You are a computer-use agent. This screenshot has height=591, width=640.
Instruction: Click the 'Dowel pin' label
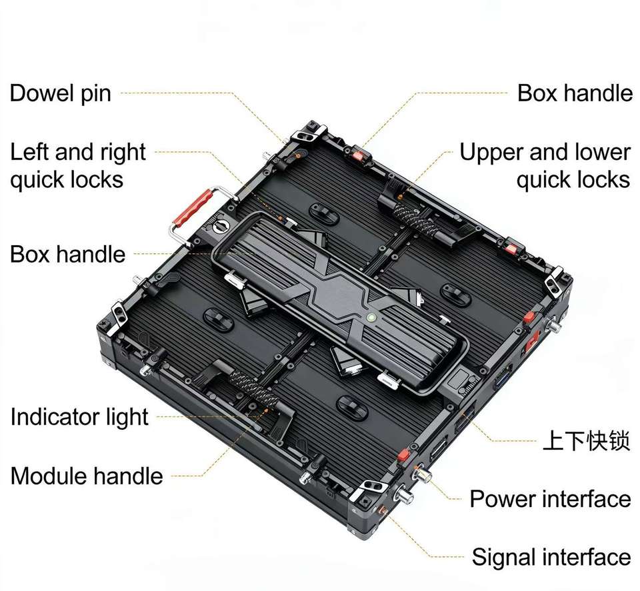coord(60,93)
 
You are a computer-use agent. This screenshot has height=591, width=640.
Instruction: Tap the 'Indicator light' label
coord(79,417)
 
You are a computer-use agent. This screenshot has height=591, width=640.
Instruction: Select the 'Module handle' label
coord(87,476)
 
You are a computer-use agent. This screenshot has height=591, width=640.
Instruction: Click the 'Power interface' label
coord(550,498)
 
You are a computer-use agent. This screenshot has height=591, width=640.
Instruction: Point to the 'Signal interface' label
coord(551,556)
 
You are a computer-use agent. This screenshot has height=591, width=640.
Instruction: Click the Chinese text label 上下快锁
coord(586,440)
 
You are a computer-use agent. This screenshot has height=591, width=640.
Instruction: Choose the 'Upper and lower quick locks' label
coord(545,166)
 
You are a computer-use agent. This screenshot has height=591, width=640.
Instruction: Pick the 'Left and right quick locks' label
coord(77,166)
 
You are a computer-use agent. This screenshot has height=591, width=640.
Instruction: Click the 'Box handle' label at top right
coord(575,93)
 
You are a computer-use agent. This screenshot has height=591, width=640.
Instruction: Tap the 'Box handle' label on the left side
coord(67,254)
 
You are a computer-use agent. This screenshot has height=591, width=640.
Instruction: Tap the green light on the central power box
coord(369,317)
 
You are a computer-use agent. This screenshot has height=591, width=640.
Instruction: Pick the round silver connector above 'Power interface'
coord(423,475)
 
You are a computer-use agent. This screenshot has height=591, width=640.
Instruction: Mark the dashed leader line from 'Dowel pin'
coord(200,94)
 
